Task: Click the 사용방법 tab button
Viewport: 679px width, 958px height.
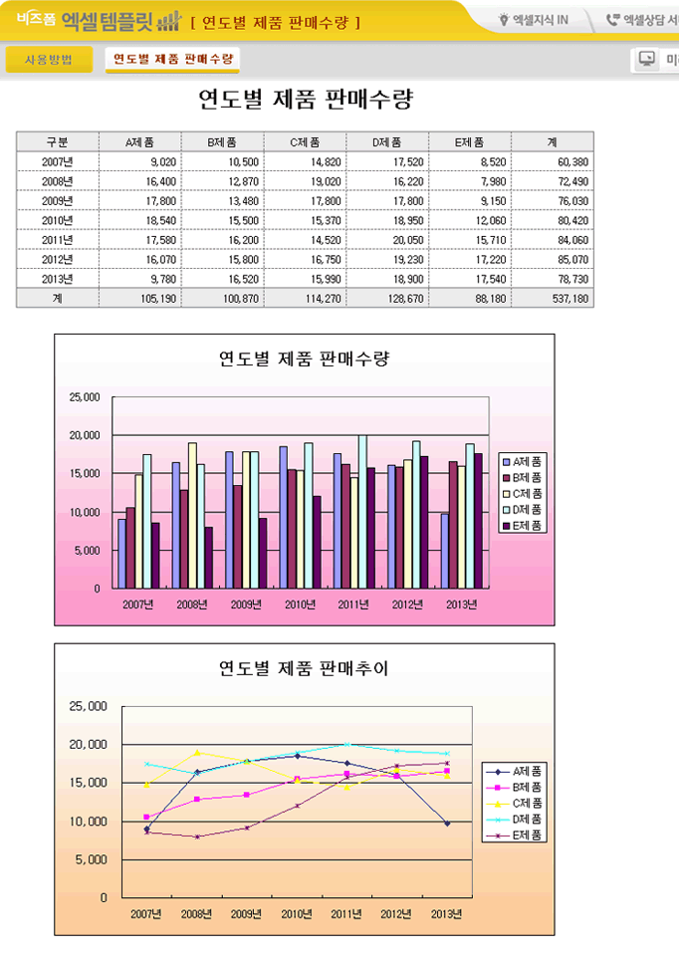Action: pos(48,60)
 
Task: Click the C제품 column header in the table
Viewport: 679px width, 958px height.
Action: pos(305,141)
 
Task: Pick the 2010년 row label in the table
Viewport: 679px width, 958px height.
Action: pos(58,219)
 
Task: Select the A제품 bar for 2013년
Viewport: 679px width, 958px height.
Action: pos(445,551)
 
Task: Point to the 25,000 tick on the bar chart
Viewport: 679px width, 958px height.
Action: pos(84,397)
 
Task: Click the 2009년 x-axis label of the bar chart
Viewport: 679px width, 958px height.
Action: pos(246,603)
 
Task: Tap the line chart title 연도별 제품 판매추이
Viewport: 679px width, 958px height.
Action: pos(304,669)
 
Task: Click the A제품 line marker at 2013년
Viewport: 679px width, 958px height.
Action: pos(447,824)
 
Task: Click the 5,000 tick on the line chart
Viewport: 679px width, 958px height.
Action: pos(90,859)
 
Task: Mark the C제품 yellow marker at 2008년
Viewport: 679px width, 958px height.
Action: pos(197,753)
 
